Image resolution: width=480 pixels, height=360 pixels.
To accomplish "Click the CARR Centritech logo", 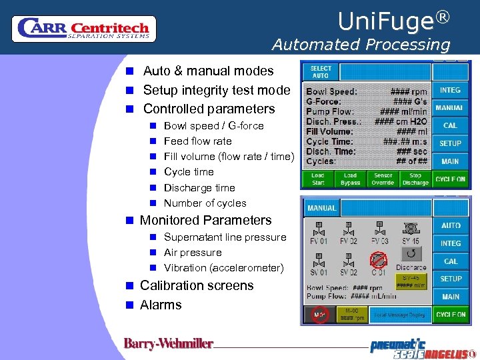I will (84, 28).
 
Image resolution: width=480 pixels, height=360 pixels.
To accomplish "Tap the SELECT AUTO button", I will (321, 72).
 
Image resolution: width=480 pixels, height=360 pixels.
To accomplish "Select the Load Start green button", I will (318, 179).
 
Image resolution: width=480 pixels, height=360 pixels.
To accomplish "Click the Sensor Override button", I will (383, 179).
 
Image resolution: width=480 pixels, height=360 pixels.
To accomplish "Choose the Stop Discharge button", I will (415, 179).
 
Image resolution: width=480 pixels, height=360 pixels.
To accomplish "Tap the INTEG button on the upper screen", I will (450, 90).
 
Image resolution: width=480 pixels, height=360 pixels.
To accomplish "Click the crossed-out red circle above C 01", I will (379, 259).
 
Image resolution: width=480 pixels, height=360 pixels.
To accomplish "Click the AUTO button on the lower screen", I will (451, 226).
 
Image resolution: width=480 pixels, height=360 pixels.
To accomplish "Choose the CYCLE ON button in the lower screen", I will (451, 314).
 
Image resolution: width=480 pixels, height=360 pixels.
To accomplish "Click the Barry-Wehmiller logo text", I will (168, 344).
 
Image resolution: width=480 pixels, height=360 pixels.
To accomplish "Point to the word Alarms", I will (161, 305).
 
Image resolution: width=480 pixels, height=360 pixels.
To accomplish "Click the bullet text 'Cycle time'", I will (189, 172).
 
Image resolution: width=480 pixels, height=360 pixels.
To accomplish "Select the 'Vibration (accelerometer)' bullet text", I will (223, 268).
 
